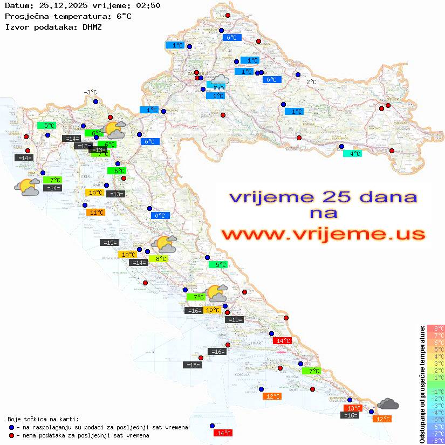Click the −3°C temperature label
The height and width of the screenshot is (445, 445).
(x=90, y=92)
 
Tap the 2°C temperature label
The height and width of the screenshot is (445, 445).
(x=311, y=82)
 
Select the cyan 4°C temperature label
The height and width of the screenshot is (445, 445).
(x=353, y=153)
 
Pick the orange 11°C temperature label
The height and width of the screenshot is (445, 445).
(x=95, y=213)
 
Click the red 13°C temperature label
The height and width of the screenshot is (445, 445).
(x=353, y=408)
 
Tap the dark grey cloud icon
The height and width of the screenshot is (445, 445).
(x=388, y=403)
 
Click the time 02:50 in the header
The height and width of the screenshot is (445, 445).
(x=148, y=5)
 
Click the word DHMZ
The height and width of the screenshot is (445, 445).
(x=92, y=26)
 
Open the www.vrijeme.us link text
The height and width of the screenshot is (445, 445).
(x=323, y=234)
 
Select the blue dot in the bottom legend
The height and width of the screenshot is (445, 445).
(x=11, y=427)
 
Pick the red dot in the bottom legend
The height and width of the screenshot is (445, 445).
(x=11, y=435)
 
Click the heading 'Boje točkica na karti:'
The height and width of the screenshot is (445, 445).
(x=43, y=419)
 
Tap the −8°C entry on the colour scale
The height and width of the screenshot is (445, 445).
(x=435, y=441)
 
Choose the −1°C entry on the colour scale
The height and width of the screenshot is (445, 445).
(x=435, y=391)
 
